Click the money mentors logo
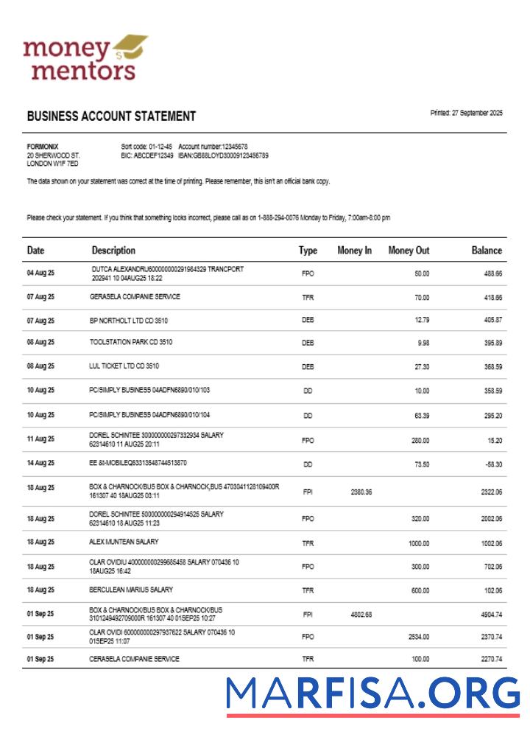click(x=85, y=57)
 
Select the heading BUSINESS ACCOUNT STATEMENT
click(x=111, y=116)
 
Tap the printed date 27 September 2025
click(x=467, y=113)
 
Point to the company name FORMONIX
click(x=42, y=147)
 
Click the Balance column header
click(x=487, y=251)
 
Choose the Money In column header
click(x=354, y=251)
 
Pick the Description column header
click(x=113, y=251)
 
